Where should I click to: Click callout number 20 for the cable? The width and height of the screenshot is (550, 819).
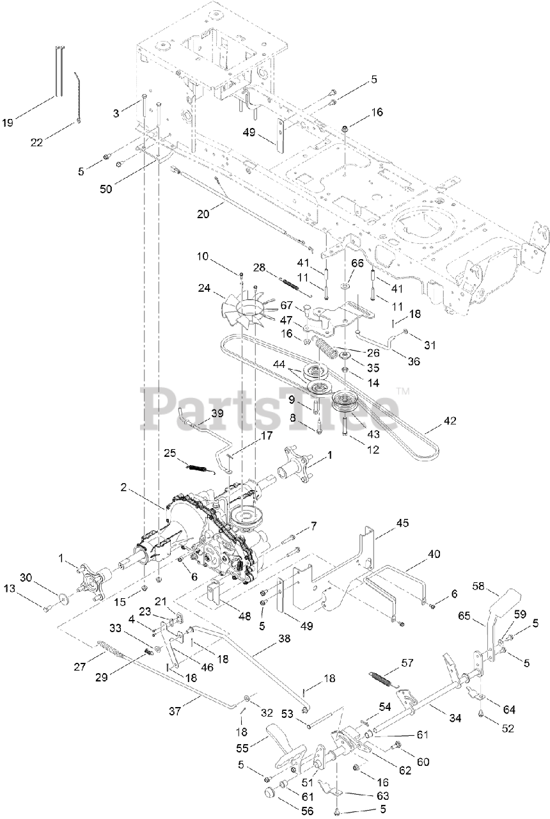[x=203, y=214]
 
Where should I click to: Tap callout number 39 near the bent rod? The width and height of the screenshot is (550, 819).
[x=217, y=414]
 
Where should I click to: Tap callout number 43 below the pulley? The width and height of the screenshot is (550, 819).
[x=372, y=434]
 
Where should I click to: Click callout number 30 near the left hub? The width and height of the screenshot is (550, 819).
[x=43, y=576]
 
